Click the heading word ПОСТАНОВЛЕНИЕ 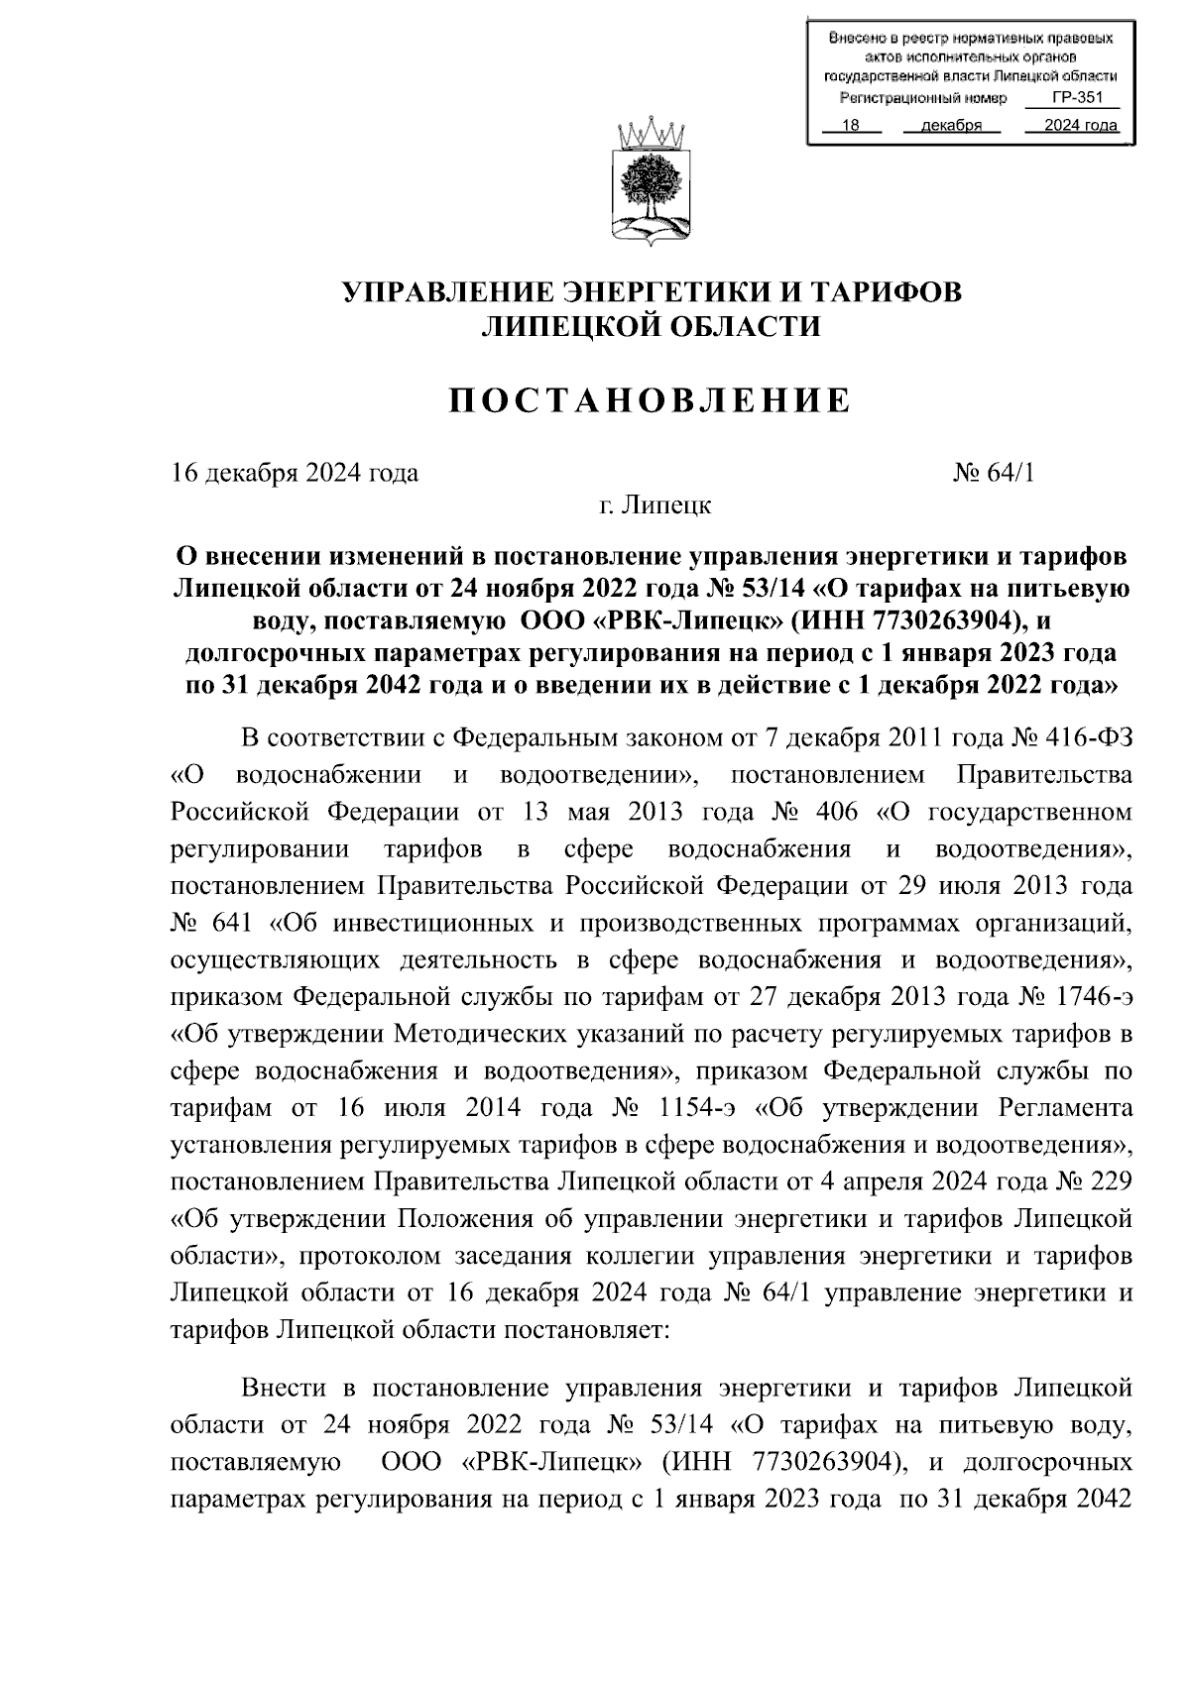tap(651, 401)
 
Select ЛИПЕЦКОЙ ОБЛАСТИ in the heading tap(651, 326)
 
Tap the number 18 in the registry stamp tap(849, 126)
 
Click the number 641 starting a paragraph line tap(234, 924)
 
